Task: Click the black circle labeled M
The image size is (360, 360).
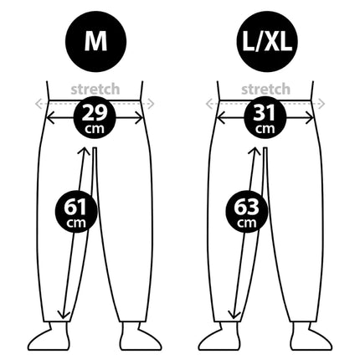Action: [95, 42]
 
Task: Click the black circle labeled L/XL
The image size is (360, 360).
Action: [267, 42]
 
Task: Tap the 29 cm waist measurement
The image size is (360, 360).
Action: [95, 117]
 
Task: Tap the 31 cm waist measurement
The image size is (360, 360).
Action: [265, 117]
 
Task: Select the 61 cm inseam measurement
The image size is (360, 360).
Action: [76, 212]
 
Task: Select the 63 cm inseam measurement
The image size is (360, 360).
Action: [246, 212]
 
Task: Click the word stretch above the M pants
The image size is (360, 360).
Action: [95, 90]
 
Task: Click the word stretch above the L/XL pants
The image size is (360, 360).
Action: [265, 90]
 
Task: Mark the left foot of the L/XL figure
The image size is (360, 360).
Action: [219, 337]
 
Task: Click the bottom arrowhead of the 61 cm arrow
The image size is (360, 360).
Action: [64, 315]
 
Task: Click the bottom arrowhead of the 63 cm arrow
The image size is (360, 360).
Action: [234, 315]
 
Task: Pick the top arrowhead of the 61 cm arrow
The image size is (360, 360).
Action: [84, 152]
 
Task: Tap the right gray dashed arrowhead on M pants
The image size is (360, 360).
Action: [151, 104]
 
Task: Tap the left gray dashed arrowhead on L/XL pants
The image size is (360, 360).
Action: [209, 104]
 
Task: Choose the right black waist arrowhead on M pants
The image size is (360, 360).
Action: [139, 118]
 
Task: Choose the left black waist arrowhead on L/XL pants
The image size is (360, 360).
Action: [220, 118]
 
